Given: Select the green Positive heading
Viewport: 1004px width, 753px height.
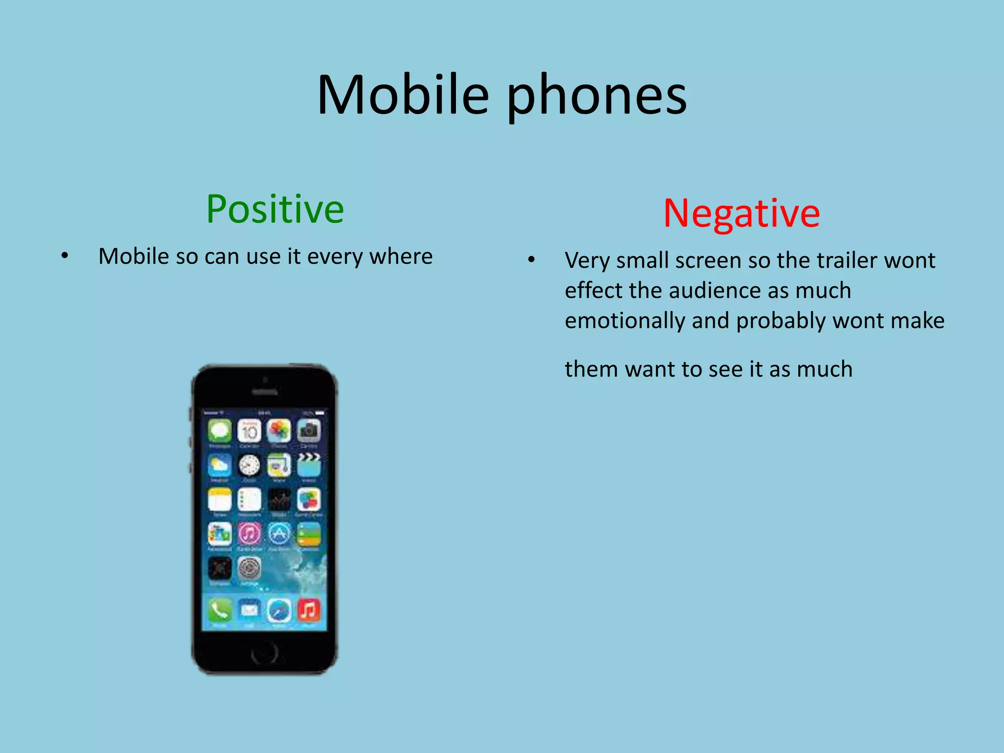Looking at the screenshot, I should (275, 209).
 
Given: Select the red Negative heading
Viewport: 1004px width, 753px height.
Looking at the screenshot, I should (741, 214).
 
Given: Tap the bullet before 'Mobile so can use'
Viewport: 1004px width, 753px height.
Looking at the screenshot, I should (65, 256).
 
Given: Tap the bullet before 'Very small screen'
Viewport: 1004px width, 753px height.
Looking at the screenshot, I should (531, 260).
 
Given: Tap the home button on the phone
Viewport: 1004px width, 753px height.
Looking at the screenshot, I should (265, 653).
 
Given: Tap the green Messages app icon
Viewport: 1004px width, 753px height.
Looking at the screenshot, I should (220, 431).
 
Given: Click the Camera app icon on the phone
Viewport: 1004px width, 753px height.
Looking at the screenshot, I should (309, 431).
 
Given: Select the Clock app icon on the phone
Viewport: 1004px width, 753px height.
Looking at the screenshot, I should (249, 465).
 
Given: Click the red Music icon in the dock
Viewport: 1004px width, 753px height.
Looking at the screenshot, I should (309, 610).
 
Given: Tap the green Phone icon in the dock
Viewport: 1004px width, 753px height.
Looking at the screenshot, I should (220, 610).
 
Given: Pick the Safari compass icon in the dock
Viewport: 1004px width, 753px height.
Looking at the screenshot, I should (279, 610).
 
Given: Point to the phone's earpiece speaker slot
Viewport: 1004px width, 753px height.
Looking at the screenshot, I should (265, 392).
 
